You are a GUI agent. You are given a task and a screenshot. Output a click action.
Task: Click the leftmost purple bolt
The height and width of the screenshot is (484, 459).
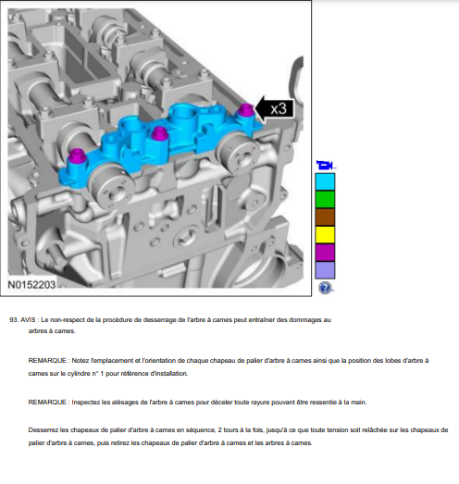click(77, 156)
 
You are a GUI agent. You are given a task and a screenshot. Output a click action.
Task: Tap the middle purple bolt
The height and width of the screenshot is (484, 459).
click(158, 133)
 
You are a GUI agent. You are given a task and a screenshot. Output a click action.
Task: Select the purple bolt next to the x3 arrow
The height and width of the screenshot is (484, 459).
click(246, 109)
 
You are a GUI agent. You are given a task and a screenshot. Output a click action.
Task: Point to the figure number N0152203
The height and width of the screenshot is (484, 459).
click(31, 285)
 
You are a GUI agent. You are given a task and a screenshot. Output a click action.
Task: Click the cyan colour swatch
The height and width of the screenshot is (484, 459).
click(325, 181)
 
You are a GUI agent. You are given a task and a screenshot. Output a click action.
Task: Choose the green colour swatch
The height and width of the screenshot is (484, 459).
click(325, 199)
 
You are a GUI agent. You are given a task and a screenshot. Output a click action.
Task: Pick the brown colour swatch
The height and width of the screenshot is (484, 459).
click(325, 217)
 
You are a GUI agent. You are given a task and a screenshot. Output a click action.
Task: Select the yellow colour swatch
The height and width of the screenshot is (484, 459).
click(325, 234)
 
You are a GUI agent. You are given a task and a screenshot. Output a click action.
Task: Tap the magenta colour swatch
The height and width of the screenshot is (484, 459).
click(325, 253)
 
